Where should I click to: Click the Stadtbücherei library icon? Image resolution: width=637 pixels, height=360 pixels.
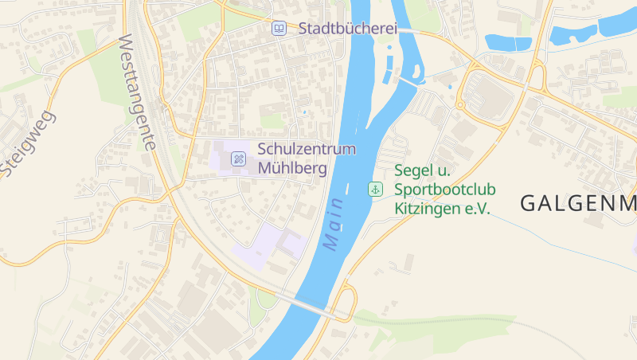click(x=279, y=29)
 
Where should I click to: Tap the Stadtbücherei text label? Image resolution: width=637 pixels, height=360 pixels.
click(x=347, y=29)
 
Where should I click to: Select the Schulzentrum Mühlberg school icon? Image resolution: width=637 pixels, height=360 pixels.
click(x=238, y=158)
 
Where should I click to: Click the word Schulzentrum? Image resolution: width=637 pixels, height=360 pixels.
click(x=307, y=149)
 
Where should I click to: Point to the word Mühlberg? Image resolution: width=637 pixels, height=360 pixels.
click(x=291, y=169)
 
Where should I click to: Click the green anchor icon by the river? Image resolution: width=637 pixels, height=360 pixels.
click(x=374, y=189)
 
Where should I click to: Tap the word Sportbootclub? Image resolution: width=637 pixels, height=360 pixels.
click(x=445, y=190)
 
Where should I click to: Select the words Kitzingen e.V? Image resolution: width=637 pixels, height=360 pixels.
click(x=442, y=209)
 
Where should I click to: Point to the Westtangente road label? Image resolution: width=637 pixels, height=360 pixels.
click(x=135, y=92)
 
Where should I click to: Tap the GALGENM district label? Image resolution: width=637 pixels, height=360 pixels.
click(x=578, y=204)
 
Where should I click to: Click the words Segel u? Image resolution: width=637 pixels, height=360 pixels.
click(x=423, y=170)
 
